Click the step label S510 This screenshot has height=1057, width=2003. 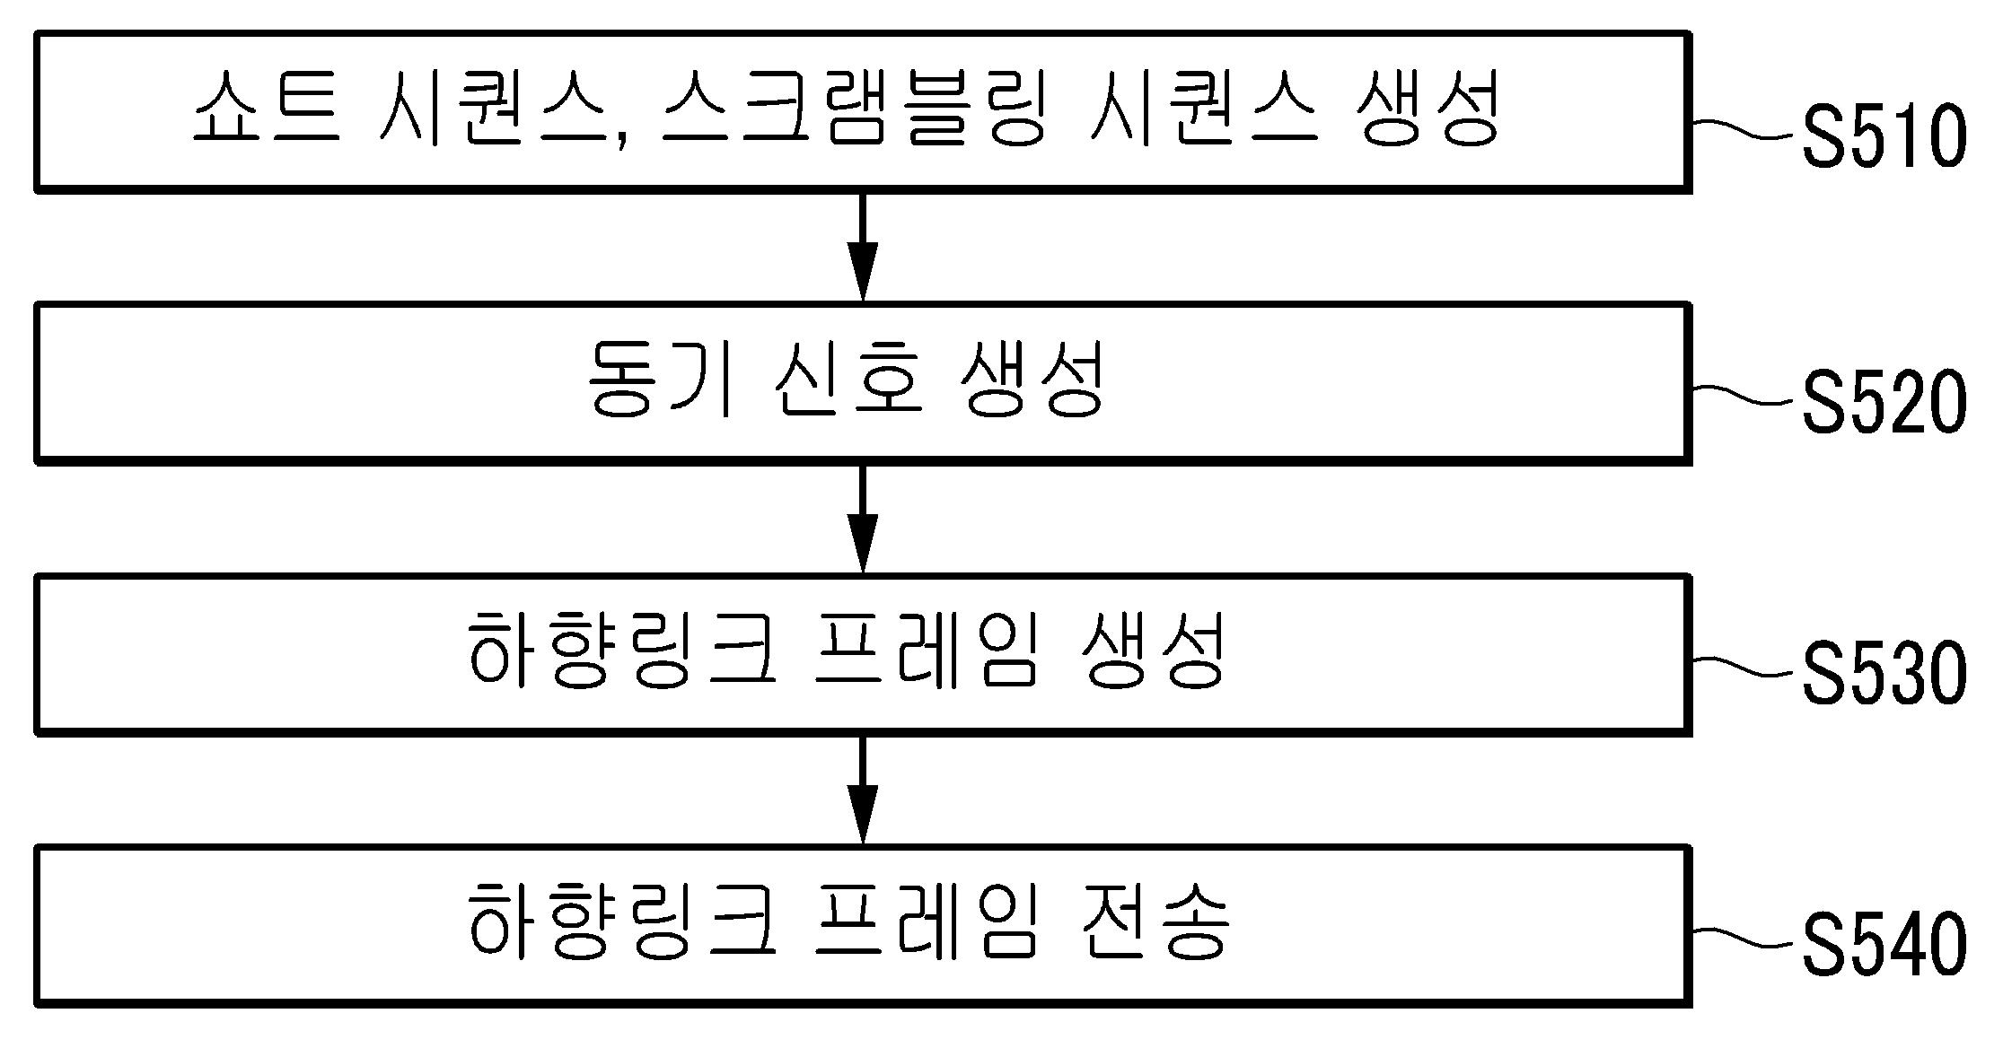point(1884,136)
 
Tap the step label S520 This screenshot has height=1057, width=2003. point(1884,403)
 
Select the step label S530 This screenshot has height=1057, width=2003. point(1884,674)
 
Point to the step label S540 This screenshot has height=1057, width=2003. point(1884,944)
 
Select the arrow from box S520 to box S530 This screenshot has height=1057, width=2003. point(863,519)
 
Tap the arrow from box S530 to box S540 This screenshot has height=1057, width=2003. point(863,790)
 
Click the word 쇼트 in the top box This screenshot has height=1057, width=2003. point(267,109)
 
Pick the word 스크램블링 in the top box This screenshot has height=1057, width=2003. point(852,109)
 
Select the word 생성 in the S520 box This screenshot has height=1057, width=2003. point(1032,380)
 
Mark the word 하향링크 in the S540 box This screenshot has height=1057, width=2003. point(620,922)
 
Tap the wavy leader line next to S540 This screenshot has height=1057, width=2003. point(1746,939)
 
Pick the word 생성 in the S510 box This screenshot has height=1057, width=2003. point(1428,109)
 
